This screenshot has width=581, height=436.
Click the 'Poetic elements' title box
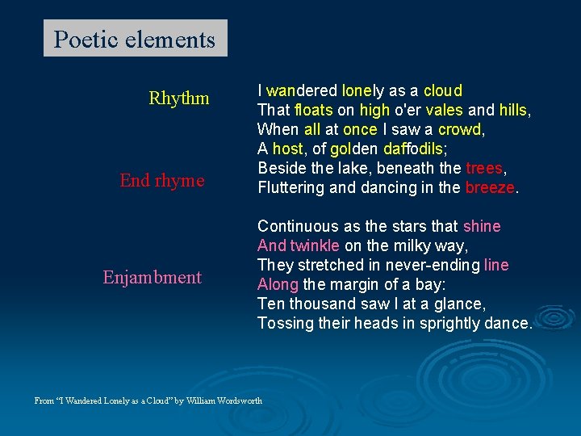[x=135, y=39]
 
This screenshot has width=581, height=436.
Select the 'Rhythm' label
[x=178, y=99]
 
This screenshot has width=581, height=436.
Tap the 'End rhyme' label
[x=161, y=181]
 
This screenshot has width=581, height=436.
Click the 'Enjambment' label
[x=152, y=278]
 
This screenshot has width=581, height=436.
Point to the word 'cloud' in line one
[x=443, y=90]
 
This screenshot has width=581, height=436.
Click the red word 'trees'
[x=484, y=168]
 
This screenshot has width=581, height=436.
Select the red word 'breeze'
[x=490, y=187]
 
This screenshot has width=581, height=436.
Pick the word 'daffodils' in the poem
[x=412, y=149]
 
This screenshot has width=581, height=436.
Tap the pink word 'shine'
[x=482, y=226]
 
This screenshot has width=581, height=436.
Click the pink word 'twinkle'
[x=316, y=245]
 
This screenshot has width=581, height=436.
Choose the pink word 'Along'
[x=278, y=284]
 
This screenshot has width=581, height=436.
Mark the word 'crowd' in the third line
[x=458, y=129]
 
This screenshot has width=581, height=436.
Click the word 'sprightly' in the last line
[x=449, y=323]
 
